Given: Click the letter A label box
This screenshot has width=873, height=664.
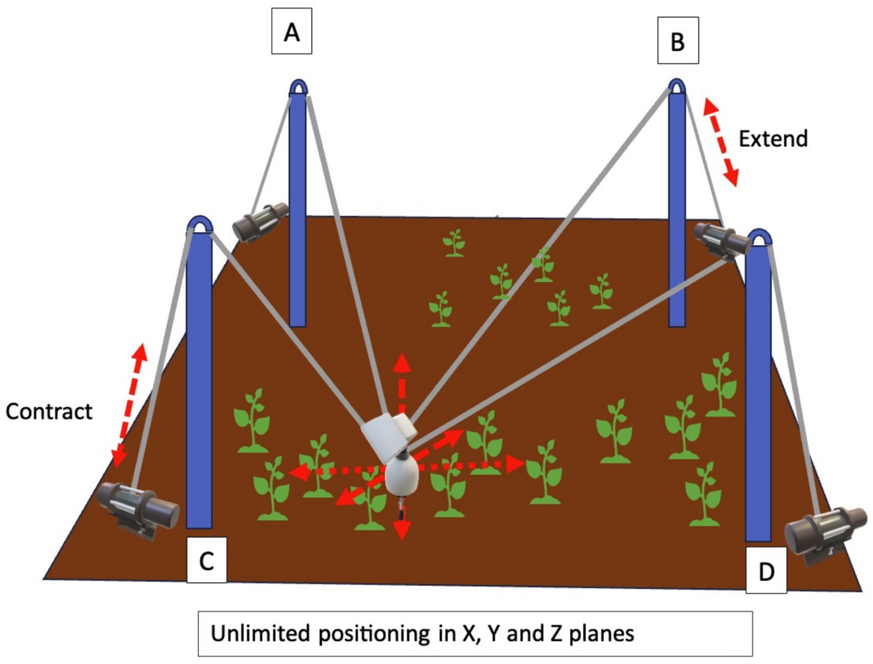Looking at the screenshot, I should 291,31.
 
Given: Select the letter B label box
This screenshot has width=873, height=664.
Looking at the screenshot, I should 678,41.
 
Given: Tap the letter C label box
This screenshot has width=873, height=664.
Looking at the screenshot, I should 206,560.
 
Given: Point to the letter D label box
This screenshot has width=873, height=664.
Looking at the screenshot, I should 766,571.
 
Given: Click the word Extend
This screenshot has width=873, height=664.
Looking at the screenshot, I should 773,139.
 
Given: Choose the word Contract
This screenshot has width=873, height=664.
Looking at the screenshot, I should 49,411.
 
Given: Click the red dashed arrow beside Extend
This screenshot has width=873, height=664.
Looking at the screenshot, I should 720,141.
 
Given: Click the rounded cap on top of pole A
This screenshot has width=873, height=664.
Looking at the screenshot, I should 298,87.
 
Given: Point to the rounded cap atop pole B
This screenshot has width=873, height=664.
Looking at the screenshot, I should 677,86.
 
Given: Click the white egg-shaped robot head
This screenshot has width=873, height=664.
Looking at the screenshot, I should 402,476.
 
